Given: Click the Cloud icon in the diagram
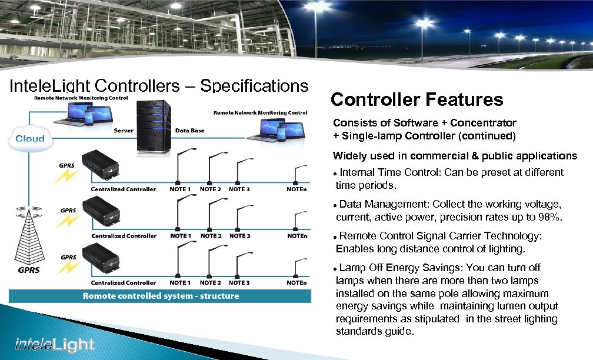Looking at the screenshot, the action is pyautogui.click(x=29, y=138).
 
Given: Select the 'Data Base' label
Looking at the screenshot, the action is pyautogui.click(x=189, y=130).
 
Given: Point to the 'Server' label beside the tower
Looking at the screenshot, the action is pyautogui.click(x=124, y=130).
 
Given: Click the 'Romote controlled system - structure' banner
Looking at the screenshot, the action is pyautogui.click(x=161, y=296).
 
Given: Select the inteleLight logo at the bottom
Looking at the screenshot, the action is pyautogui.click(x=55, y=345).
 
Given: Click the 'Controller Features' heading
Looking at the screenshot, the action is pyautogui.click(x=417, y=99).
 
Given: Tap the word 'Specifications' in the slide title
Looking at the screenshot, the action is pyautogui.click(x=254, y=86).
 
